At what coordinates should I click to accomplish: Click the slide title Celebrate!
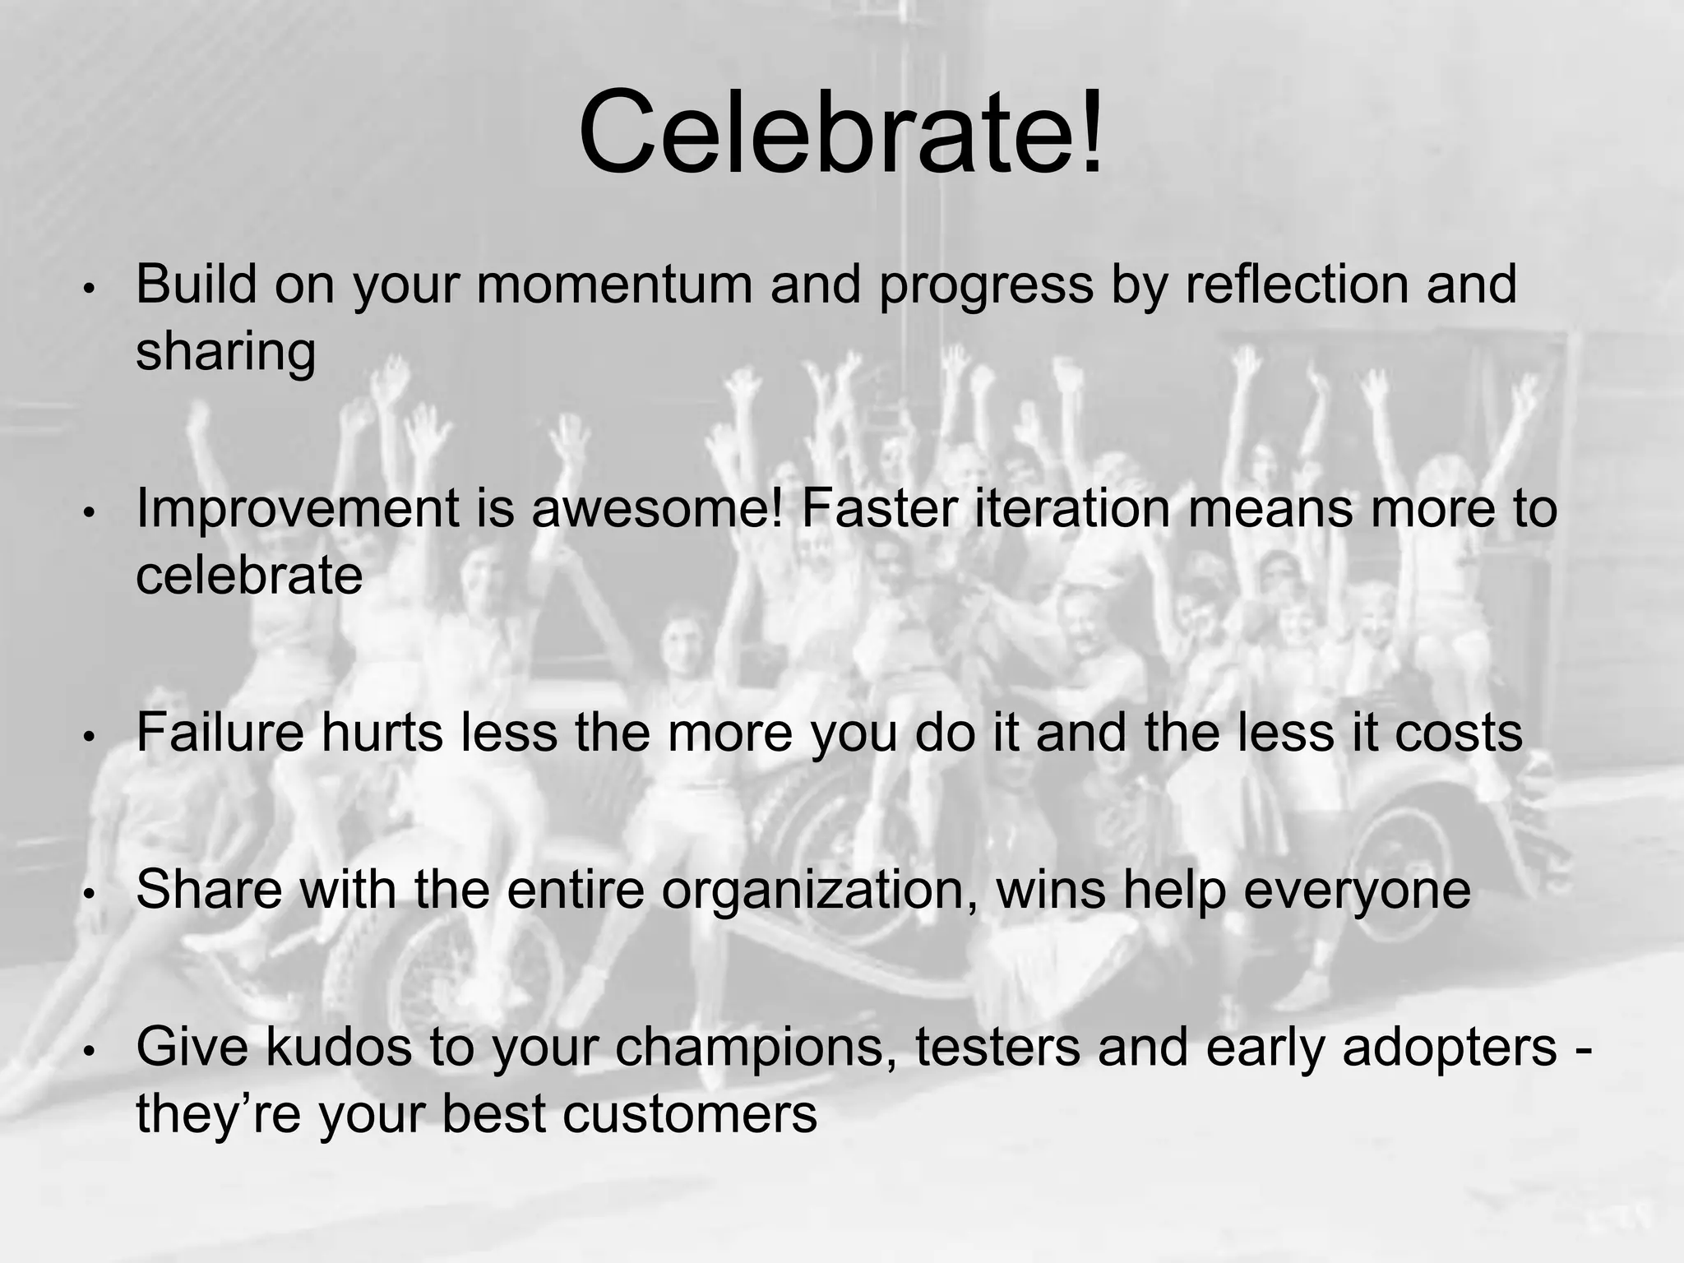coord(840,132)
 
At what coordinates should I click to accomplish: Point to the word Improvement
coord(297,509)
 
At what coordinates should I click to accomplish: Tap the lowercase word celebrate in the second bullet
coord(248,575)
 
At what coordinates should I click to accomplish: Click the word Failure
coord(220,732)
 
